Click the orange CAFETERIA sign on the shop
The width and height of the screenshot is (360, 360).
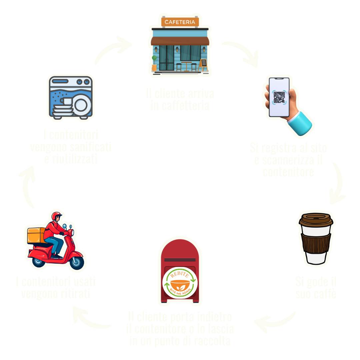180,22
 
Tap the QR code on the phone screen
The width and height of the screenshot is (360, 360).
279,97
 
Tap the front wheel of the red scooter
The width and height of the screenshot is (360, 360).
76,261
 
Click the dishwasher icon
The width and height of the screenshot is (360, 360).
71,97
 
